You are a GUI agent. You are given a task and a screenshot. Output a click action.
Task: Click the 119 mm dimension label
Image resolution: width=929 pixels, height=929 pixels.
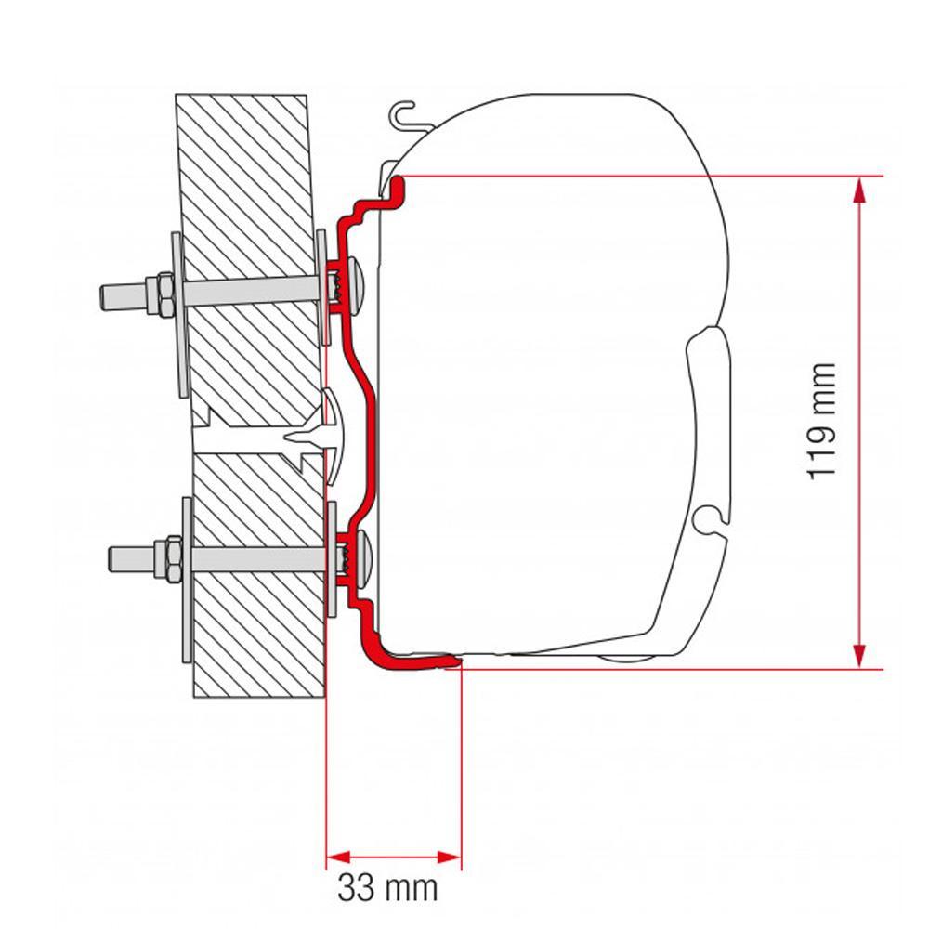(x=822, y=421)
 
